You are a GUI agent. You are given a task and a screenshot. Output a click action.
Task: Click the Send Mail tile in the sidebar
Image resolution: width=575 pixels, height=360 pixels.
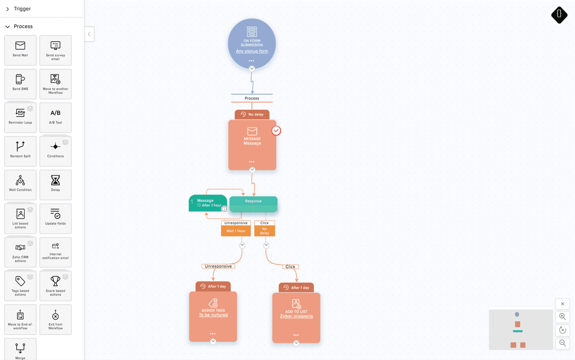click(20, 50)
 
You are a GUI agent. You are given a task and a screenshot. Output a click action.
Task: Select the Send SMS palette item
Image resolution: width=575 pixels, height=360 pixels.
click(20, 84)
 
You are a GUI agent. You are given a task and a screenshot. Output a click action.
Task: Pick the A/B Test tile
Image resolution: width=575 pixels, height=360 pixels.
click(55, 118)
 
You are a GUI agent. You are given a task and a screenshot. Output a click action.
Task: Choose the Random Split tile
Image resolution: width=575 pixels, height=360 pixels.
click(20, 151)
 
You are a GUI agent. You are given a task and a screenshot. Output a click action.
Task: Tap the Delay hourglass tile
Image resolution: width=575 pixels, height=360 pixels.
click(55, 185)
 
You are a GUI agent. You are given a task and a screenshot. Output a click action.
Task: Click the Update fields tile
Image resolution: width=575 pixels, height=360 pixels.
click(55, 219)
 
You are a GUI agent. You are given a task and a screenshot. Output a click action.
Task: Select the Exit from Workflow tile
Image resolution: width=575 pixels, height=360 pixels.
click(55, 320)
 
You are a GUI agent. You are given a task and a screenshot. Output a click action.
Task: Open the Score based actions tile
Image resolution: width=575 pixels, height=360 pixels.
click(55, 286)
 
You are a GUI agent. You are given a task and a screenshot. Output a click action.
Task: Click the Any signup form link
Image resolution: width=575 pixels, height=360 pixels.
click(252, 51)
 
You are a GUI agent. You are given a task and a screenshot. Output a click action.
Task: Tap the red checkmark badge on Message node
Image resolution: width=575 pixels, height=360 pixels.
click(276, 131)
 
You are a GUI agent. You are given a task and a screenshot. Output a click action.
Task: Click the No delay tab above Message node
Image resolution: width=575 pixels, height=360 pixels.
click(252, 114)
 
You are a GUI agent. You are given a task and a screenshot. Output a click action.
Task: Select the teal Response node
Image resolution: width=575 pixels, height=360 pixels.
click(253, 204)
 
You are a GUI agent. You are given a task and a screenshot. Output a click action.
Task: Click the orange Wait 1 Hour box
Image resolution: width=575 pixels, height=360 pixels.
click(236, 231)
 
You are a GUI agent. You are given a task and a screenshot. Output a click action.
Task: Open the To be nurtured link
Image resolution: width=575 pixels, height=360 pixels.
click(213, 315)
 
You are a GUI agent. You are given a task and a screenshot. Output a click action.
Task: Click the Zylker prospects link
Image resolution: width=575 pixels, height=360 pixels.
click(296, 316)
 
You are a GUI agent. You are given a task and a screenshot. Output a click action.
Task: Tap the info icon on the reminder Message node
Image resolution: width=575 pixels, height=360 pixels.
click(224, 209)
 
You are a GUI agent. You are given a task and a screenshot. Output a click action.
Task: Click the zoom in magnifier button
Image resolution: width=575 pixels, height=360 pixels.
click(562, 316)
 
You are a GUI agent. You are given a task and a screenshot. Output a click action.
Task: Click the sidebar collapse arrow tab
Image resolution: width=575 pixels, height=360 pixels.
click(89, 34)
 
